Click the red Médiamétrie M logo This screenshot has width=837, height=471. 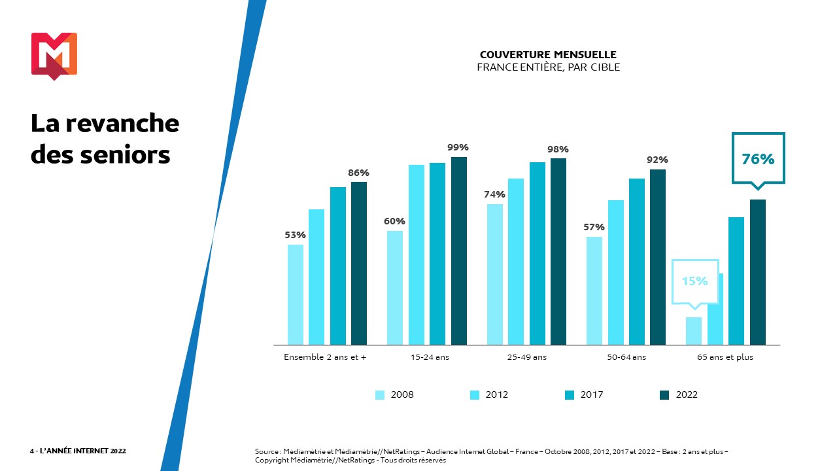[54, 56]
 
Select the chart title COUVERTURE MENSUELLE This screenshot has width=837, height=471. [548, 55]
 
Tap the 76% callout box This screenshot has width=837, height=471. [758, 159]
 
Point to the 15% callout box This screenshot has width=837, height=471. [694, 281]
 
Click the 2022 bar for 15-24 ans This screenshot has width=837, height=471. [459, 251]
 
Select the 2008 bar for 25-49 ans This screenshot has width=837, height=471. [495, 274]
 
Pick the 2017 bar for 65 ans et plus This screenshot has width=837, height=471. [736, 281]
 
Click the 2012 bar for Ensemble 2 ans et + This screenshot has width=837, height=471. [316, 277]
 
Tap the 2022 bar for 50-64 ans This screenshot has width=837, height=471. [658, 256]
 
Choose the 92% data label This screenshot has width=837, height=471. [657, 160]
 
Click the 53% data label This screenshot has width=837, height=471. [296, 235]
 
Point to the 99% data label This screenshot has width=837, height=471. [458, 147]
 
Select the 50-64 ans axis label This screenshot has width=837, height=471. [626, 357]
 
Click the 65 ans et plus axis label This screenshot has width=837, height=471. [725, 357]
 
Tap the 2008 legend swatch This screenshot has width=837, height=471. [380, 394]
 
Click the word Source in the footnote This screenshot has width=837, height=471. [267, 451]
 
